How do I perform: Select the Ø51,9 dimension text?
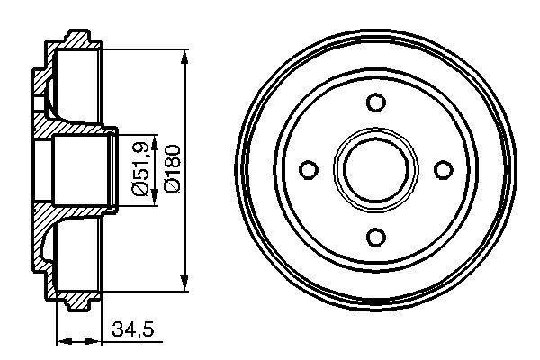point(139,168)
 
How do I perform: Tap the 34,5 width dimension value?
point(134,330)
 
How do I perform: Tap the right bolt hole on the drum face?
point(442,169)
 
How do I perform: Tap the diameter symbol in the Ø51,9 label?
point(139,189)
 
